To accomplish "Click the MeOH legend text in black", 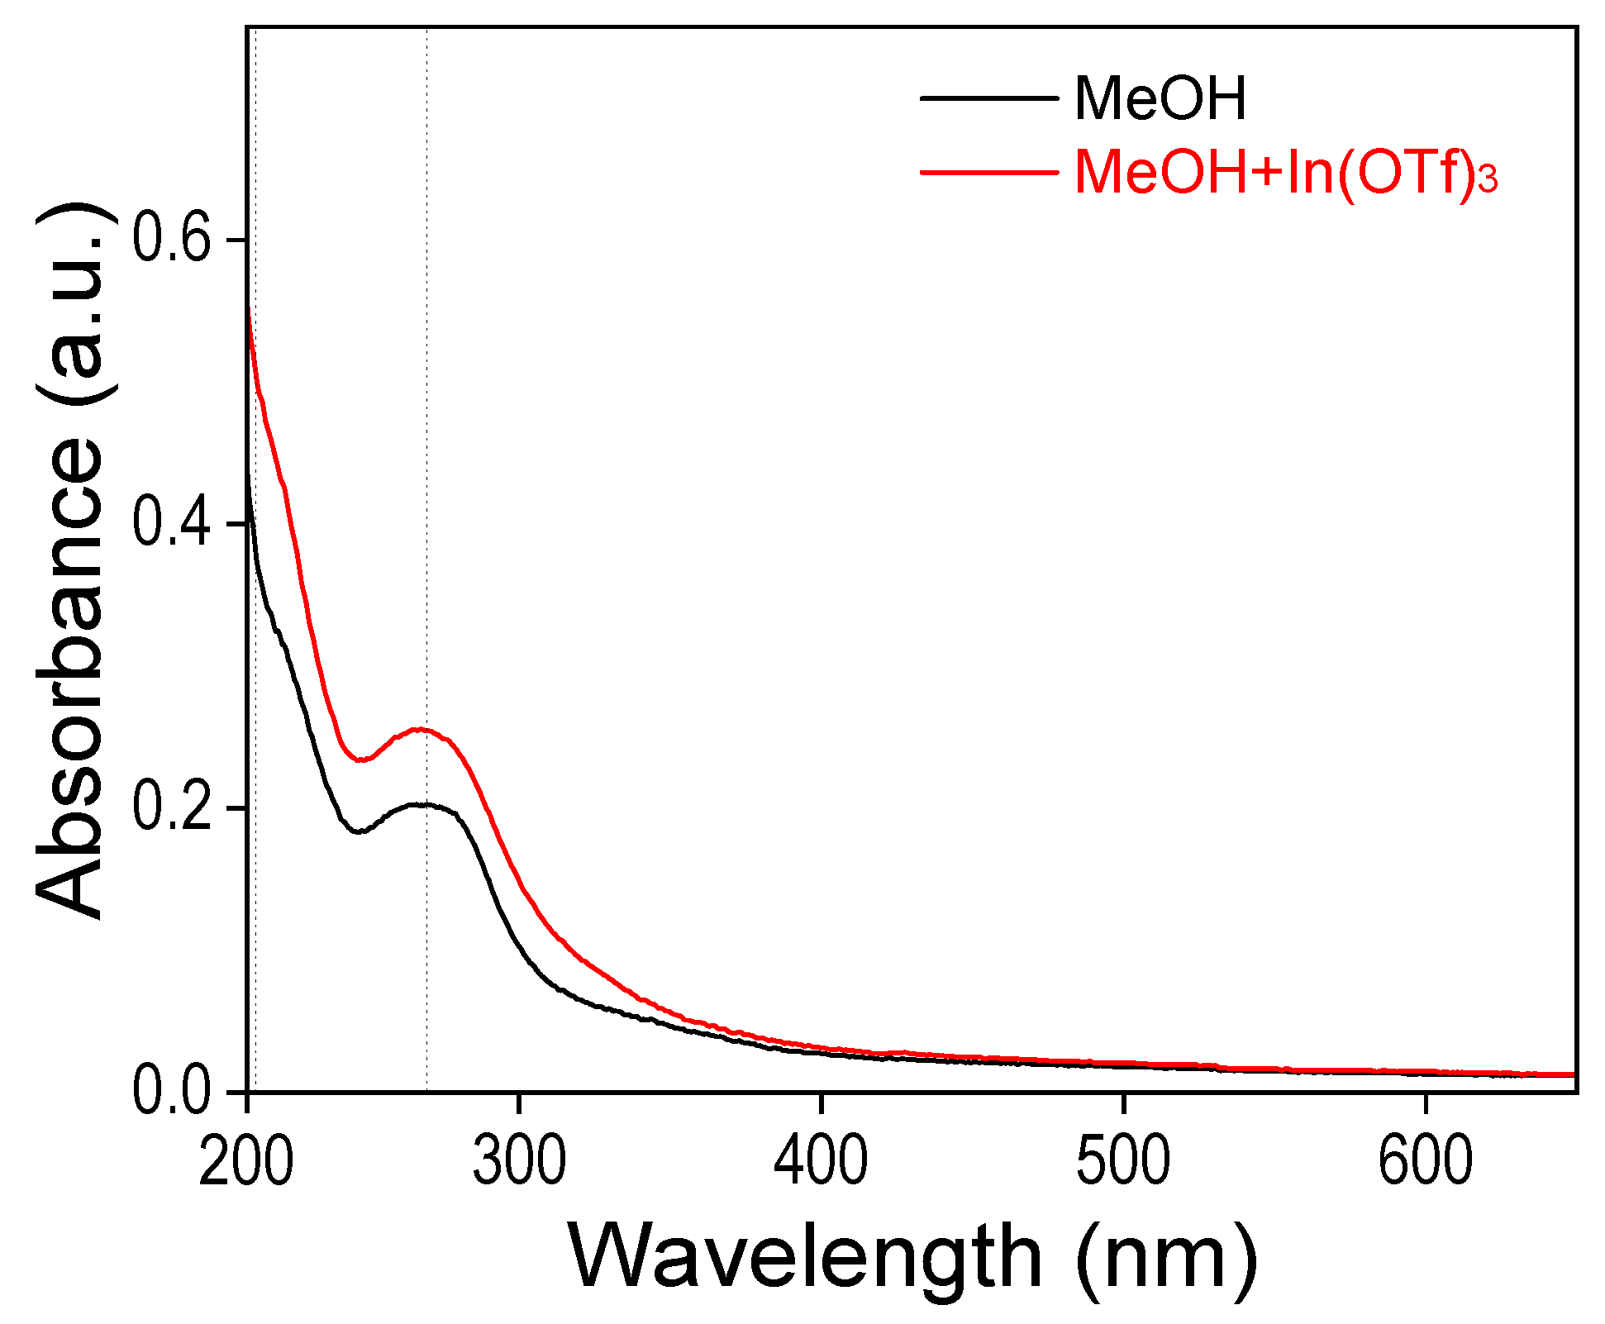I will pyautogui.click(x=1160, y=99).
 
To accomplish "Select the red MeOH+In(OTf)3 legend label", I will pyautogui.click(x=1285, y=174).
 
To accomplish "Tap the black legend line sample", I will pyautogui.click(x=989, y=98).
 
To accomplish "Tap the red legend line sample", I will pyautogui.click(x=989, y=173).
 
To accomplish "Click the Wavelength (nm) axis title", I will pyautogui.click(x=912, y=1258).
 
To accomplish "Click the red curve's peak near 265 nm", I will pyautogui.click(x=421, y=729).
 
